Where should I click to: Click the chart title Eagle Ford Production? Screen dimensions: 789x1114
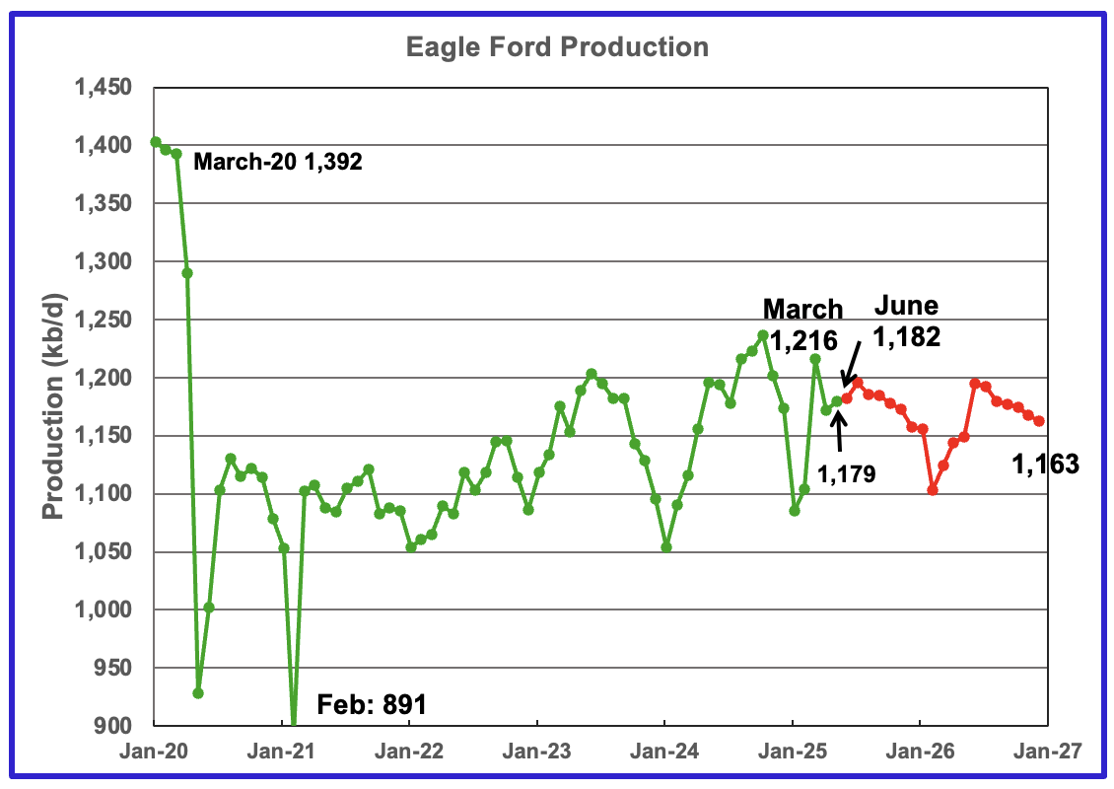tap(557, 47)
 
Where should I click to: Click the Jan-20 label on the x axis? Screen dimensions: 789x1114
tap(154, 752)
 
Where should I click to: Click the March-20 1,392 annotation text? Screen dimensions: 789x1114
tap(278, 163)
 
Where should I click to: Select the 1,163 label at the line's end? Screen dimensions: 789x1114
tap(1045, 463)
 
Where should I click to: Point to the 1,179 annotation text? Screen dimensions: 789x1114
tap(845, 474)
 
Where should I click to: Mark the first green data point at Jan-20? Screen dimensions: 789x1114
tap(155, 142)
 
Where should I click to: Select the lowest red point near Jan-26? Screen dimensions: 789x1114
tap(933, 489)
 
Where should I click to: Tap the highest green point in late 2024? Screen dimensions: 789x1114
tap(762, 335)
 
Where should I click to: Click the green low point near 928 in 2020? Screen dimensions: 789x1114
tap(198, 693)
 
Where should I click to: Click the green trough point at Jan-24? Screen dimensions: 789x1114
tap(666, 547)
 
